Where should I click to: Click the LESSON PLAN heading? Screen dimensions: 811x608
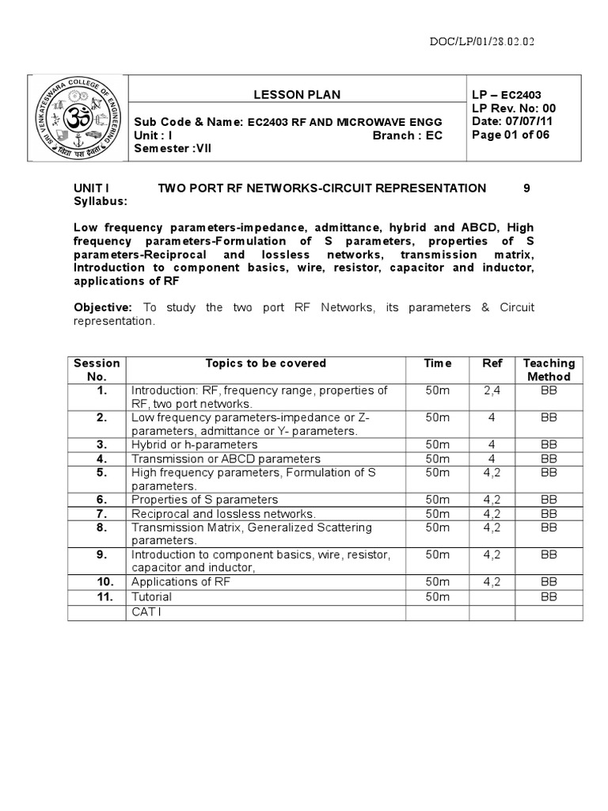pos(297,94)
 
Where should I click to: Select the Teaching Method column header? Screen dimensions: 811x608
pos(549,370)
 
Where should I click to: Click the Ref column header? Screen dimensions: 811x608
pos(492,363)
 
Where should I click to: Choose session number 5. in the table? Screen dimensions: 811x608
pos(101,472)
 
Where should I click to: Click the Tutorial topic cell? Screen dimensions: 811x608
pos(151,596)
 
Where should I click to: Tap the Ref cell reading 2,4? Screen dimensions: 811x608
pos(492,390)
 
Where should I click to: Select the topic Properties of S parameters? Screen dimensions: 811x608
pos(204,500)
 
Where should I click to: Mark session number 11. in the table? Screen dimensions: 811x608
pos(101,596)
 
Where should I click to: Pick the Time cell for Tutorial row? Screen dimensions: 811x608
pos(437,596)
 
